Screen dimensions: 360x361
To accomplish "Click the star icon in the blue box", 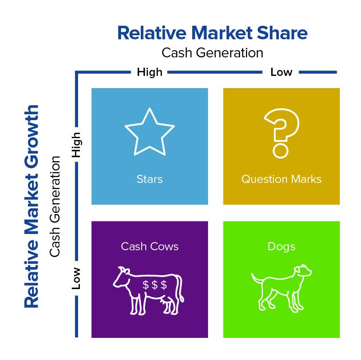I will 149,132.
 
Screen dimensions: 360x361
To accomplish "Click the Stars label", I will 149,179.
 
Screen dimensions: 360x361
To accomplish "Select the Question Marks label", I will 281,179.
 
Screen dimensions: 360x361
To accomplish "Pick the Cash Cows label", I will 149,247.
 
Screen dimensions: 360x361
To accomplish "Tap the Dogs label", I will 281,247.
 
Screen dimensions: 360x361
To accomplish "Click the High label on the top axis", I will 149,72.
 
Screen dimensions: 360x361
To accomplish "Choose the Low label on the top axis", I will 281,72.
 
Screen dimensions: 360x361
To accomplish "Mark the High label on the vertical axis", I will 77,145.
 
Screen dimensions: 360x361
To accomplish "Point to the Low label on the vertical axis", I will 77,278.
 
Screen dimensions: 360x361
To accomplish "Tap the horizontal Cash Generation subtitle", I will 212,52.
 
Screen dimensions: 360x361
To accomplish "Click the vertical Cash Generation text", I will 55,206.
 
